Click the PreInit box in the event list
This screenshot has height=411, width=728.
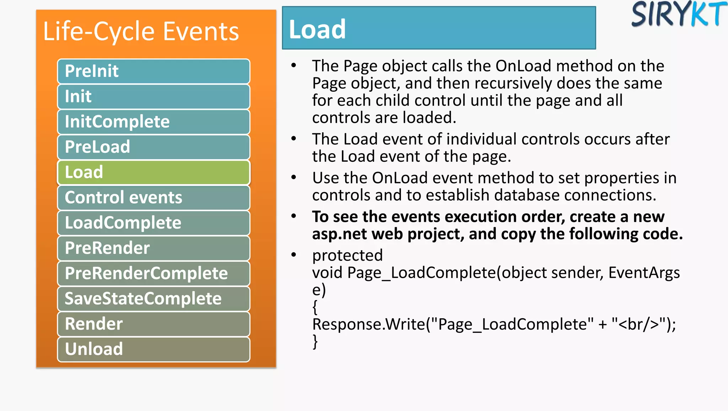(x=154, y=71)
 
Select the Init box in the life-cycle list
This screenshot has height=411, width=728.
(x=154, y=96)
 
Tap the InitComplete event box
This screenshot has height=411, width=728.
(x=154, y=122)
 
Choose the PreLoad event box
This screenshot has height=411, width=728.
(x=154, y=147)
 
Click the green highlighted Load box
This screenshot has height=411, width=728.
(x=154, y=172)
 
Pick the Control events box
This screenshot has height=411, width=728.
(x=154, y=197)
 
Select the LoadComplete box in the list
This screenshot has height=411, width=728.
(x=154, y=223)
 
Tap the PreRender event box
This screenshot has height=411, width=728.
(x=154, y=248)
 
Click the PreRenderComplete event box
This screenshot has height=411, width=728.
(x=154, y=273)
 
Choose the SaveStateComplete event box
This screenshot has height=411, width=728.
(x=154, y=298)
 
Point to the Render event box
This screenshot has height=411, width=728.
(x=154, y=324)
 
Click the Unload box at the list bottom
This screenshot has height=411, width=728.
(x=154, y=349)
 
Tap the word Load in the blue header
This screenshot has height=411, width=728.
(x=317, y=29)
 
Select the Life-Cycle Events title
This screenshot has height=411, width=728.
(x=141, y=31)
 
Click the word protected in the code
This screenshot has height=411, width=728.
(x=347, y=255)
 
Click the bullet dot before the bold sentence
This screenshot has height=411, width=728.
(x=294, y=216)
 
